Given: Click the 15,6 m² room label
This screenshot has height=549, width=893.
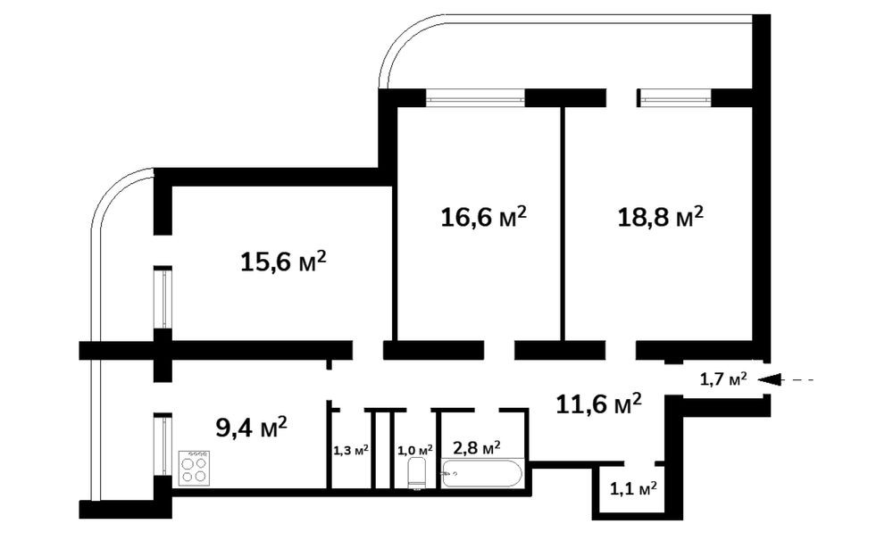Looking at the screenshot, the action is pyautogui.click(x=284, y=262).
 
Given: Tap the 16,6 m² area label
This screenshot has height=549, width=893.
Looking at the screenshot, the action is pyautogui.click(x=483, y=216).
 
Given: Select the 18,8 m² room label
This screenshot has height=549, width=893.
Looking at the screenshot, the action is pyautogui.click(x=661, y=216).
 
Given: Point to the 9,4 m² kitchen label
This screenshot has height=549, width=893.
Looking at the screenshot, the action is pyautogui.click(x=251, y=427).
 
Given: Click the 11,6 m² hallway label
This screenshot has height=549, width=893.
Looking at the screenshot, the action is pyautogui.click(x=598, y=403).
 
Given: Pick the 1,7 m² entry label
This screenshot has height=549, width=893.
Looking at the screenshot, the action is pyautogui.click(x=723, y=378).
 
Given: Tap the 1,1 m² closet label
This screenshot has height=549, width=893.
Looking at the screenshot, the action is pyautogui.click(x=633, y=488).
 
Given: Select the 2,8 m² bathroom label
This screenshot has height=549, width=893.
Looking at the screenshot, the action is pyautogui.click(x=477, y=448).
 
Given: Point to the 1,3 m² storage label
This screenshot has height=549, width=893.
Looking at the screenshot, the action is pyautogui.click(x=351, y=451).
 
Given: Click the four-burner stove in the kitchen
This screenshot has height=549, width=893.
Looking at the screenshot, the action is pyautogui.click(x=194, y=468).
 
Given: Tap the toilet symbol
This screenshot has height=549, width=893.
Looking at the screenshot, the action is pyautogui.click(x=416, y=474).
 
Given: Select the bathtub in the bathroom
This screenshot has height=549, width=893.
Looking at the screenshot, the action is pyautogui.click(x=482, y=474).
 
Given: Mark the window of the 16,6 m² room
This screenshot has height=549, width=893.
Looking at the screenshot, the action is pyautogui.click(x=476, y=98).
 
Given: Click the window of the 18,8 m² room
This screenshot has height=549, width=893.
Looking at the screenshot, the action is pyautogui.click(x=675, y=98).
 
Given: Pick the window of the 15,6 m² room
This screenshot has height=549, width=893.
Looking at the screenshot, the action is pyautogui.click(x=163, y=297).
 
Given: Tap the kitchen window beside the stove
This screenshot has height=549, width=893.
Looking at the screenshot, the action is pyautogui.click(x=163, y=445).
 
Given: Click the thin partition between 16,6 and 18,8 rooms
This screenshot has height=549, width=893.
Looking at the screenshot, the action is pyautogui.click(x=563, y=223).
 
